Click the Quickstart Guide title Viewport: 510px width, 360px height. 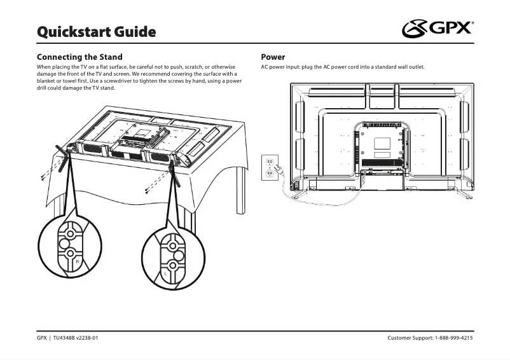point(96,31)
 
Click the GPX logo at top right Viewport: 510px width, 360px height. point(438,29)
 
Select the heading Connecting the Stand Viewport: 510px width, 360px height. point(79,57)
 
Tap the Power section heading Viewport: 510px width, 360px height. point(273,57)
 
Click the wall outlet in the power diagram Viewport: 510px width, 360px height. point(270,167)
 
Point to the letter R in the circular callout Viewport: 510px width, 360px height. point(77,261)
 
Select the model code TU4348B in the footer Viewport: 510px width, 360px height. point(64,338)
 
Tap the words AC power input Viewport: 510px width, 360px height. point(281,67)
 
